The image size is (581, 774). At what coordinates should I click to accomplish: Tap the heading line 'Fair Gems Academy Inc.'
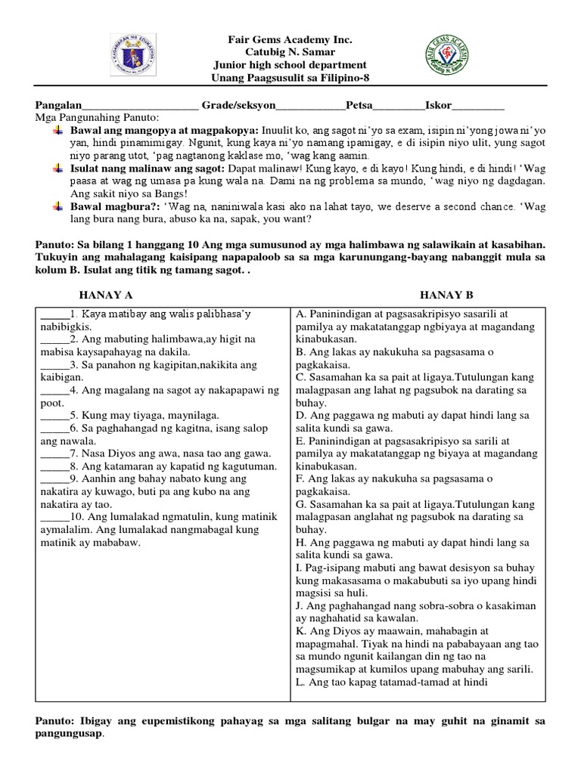291,39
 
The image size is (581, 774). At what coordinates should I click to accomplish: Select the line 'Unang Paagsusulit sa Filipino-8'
291,79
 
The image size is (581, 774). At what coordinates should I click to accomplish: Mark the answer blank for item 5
53,415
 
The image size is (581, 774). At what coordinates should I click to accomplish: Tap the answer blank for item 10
54,516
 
